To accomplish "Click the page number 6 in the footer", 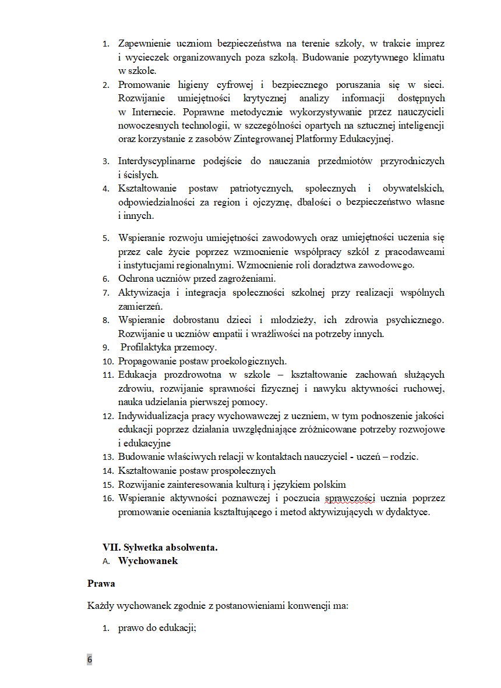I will pos(90,659).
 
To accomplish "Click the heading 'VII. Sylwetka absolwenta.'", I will pos(160,548).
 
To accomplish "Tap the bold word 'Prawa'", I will pos(101,583).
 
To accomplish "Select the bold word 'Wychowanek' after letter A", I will pos(148,561).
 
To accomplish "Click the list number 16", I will pos(108,499).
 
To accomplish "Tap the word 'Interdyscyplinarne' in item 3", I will pos(157,161).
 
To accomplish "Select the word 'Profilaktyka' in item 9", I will pos(148,347).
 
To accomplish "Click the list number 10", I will pos(108,361).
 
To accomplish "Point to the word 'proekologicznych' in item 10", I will pos(250,361).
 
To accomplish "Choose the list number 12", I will pos(108,416).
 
